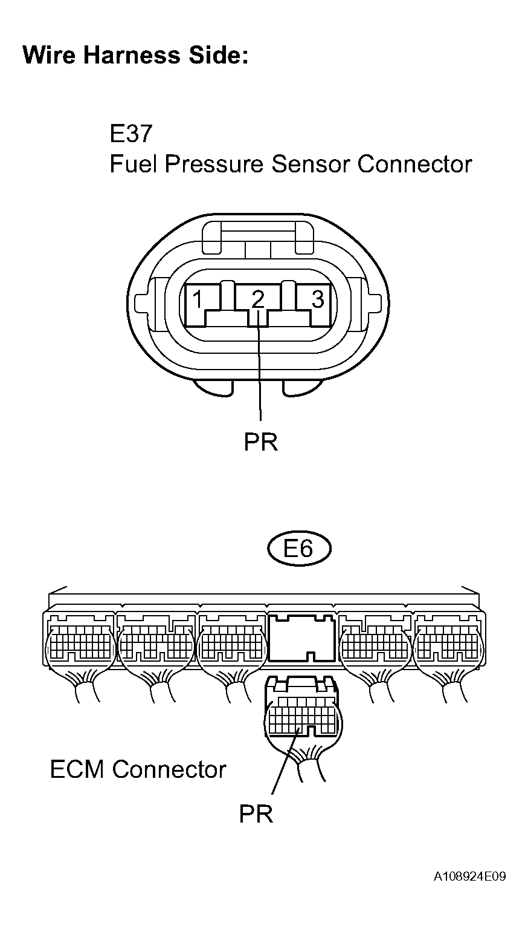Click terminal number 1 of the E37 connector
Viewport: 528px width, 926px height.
pyautogui.click(x=197, y=299)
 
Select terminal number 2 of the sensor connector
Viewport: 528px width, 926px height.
pyautogui.click(x=258, y=299)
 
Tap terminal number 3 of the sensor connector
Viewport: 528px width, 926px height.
pyautogui.click(x=318, y=299)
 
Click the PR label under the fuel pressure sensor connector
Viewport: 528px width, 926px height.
pyautogui.click(x=261, y=442)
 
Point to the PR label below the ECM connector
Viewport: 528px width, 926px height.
pyautogui.click(x=256, y=814)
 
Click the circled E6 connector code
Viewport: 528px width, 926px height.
pyautogui.click(x=299, y=549)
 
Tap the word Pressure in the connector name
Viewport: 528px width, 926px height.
pyautogui.click(x=216, y=164)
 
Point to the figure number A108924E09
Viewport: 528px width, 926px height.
pyautogui.click(x=469, y=876)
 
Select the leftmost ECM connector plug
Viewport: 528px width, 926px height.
pyautogui.click(x=79, y=645)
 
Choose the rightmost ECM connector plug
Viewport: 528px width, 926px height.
pyautogui.click(x=447, y=645)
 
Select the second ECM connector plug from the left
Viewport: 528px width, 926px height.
pyautogui.click(x=156, y=645)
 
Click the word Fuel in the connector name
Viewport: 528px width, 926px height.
pyautogui.click(x=133, y=164)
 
